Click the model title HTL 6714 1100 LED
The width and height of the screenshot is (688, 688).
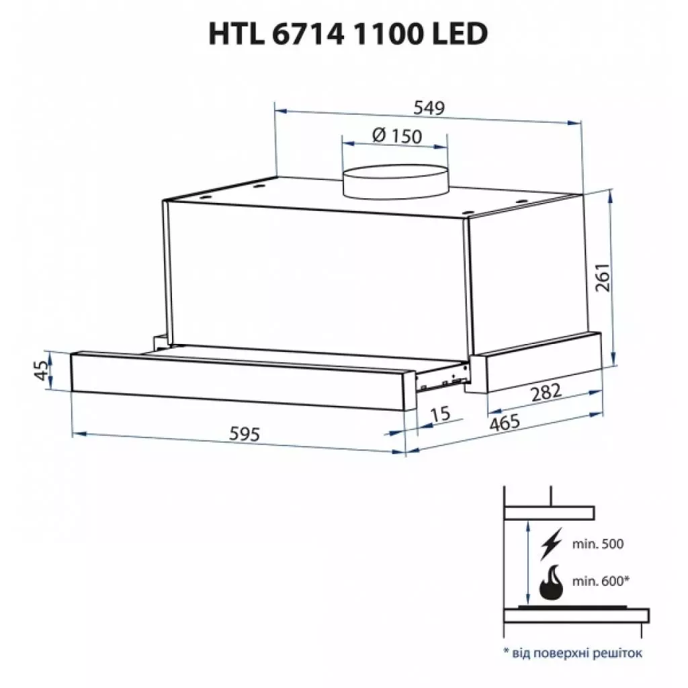[347, 35]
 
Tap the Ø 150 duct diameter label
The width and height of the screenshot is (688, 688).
[396, 136]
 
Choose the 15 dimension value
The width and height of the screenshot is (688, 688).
[441, 415]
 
